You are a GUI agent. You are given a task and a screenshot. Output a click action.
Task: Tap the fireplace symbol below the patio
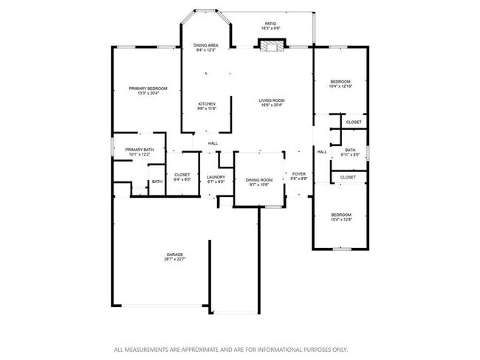coord(270,46)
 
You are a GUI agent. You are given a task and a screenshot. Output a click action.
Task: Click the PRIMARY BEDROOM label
coord(148,89)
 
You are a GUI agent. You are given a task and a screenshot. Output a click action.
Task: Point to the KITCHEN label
coord(206,104)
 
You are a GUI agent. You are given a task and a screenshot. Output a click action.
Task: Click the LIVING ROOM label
coord(271,100)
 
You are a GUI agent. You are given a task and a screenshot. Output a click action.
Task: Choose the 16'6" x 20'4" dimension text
coord(271,105)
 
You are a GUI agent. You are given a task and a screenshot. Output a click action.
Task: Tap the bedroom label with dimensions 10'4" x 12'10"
coord(340,81)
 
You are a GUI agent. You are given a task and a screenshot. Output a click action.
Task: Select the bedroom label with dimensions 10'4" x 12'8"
coord(340,215)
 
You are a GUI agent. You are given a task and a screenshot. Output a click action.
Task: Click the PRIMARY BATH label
coord(139,150)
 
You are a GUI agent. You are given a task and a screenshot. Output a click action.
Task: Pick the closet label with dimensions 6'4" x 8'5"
coord(182,175)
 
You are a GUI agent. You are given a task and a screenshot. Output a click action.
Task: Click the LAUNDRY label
coord(216,176)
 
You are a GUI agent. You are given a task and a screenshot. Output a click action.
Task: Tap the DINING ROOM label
coord(258,180)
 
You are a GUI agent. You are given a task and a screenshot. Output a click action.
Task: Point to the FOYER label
coord(299,174)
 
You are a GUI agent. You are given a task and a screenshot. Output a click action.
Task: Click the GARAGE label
coord(174,255)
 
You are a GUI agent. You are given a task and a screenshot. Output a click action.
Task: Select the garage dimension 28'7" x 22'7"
coord(174,260)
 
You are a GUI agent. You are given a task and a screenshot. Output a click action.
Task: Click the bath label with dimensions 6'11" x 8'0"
coord(350,150)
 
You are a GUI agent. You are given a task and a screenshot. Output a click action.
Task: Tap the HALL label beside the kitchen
coord(213,143)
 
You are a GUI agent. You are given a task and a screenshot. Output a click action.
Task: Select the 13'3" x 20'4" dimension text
coord(148,94)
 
